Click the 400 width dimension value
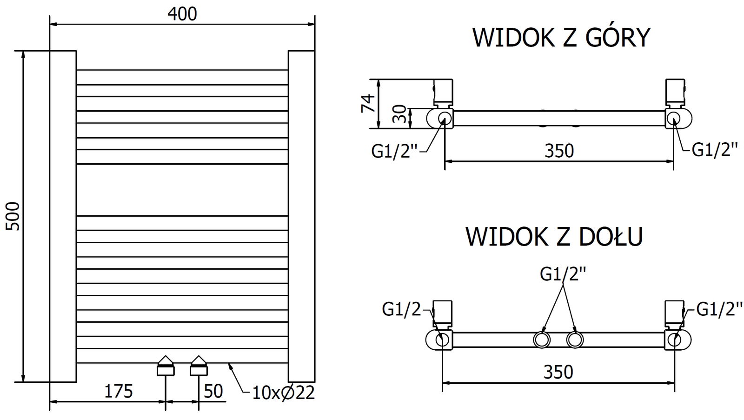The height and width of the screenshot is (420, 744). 182,14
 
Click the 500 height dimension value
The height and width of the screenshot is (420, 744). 13,216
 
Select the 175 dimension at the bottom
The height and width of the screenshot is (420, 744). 118,391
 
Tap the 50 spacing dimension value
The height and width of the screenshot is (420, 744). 213,391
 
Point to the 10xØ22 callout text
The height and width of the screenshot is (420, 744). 283,393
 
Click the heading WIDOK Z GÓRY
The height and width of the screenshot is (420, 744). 561,38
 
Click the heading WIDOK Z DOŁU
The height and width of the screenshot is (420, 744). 554,236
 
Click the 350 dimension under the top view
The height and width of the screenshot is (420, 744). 559,151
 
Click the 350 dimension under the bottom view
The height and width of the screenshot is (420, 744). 558,372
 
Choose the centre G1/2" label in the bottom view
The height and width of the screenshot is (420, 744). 563,274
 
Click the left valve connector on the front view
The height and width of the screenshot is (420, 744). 166,366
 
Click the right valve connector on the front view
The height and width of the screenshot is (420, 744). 199,366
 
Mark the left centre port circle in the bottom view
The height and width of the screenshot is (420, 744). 541,340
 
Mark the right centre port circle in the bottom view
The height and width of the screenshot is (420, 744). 575,340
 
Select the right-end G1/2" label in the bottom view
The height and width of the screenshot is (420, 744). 716,309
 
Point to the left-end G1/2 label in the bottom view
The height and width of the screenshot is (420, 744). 401,309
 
